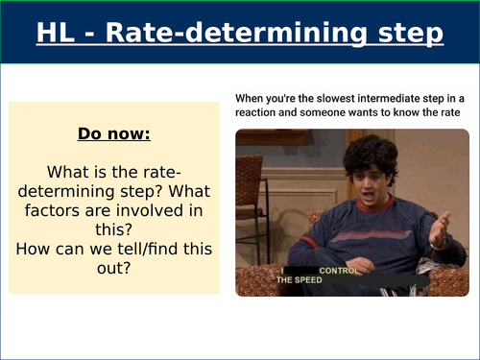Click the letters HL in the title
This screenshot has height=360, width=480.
57,34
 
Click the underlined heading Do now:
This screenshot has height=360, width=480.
113,132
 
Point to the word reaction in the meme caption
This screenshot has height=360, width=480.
260,112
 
